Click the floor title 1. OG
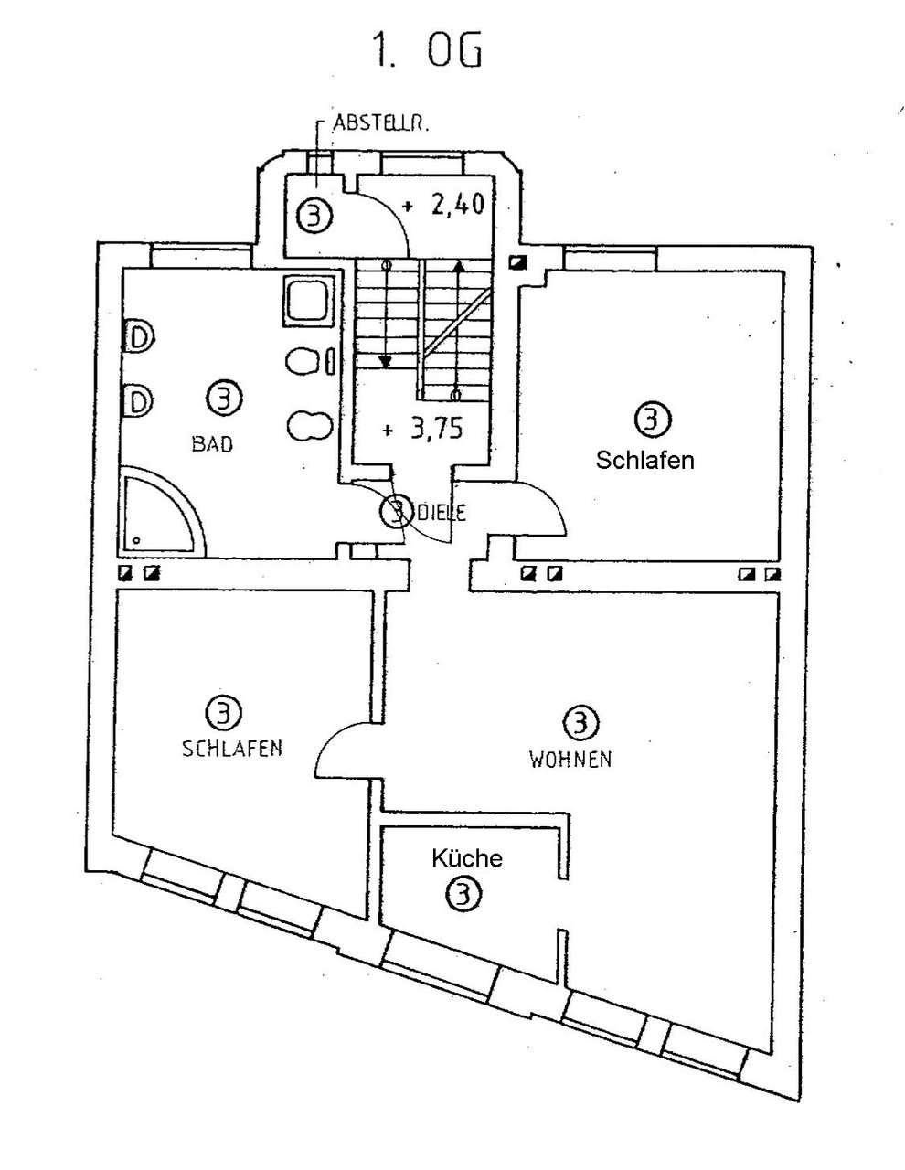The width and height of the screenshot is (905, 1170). pyautogui.click(x=426, y=52)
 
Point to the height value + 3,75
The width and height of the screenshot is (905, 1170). pyautogui.click(x=423, y=429)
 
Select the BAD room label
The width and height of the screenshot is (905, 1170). pyautogui.click(x=212, y=444)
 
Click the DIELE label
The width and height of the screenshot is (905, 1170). pyautogui.click(x=442, y=513)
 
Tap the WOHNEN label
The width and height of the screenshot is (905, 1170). pyautogui.click(x=570, y=759)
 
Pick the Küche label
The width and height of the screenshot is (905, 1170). pyautogui.click(x=467, y=859)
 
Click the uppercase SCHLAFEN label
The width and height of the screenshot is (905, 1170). pyautogui.click(x=232, y=748)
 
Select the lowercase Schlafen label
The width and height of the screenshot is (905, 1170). pyautogui.click(x=644, y=460)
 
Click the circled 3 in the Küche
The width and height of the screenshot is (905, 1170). pyautogui.click(x=462, y=894)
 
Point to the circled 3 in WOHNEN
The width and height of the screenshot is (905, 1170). pyautogui.click(x=580, y=723)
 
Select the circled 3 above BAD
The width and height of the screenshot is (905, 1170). pyautogui.click(x=224, y=399)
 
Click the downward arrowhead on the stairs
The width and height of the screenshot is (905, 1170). pyautogui.click(x=386, y=360)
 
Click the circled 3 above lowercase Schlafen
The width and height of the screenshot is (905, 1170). pyautogui.click(x=652, y=420)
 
